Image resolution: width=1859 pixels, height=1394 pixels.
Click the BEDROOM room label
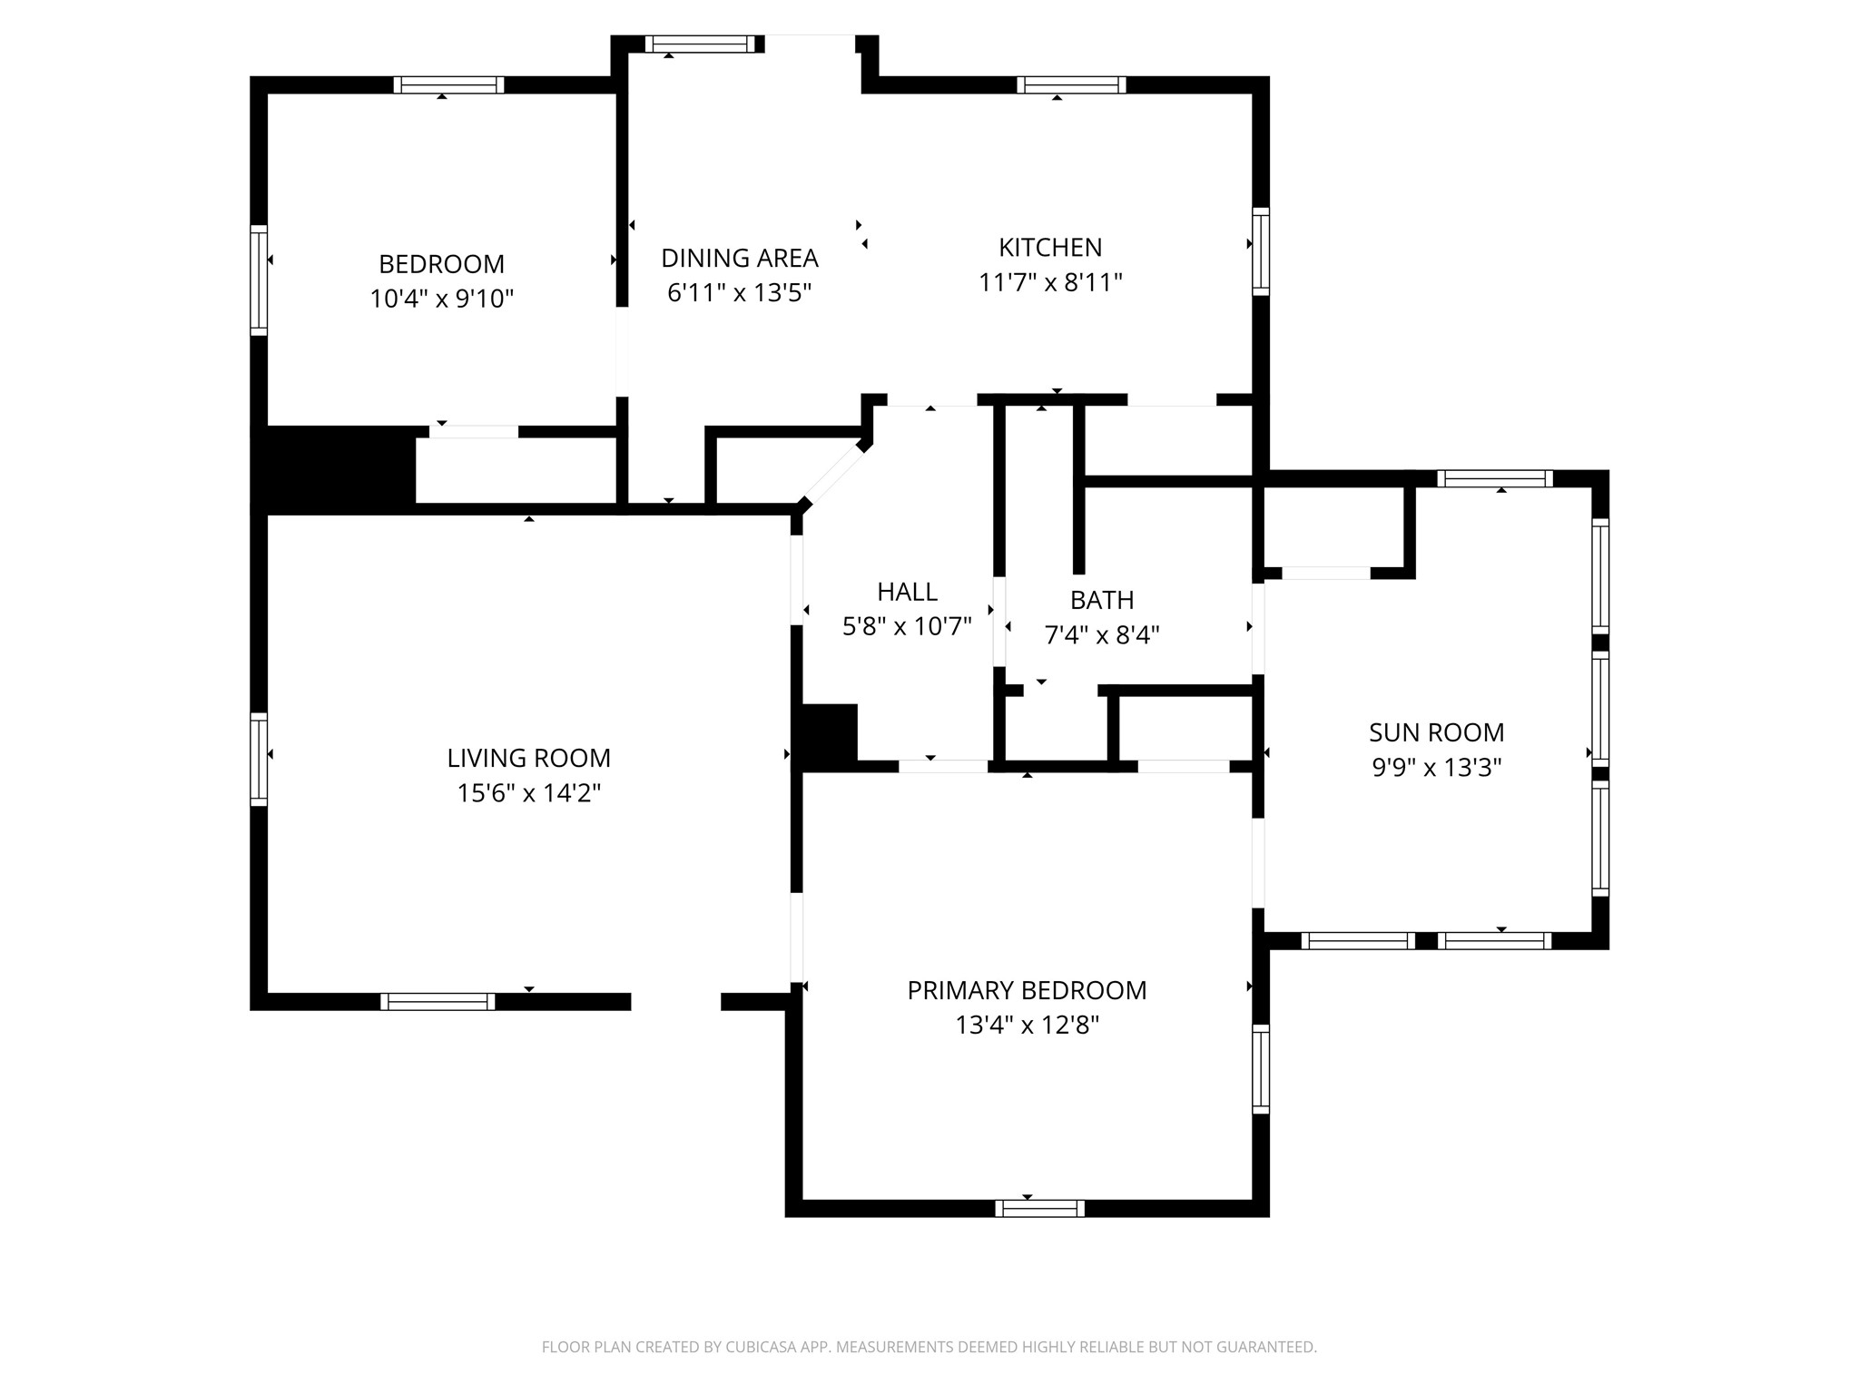pyautogui.click(x=441, y=264)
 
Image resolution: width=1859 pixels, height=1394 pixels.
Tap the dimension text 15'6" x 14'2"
pyautogui.click(x=528, y=793)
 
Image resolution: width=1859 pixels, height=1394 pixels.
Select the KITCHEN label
pyautogui.click(x=1050, y=247)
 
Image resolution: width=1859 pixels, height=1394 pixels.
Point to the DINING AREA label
pyautogui.click(x=739, y=259)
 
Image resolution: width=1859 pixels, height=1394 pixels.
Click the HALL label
pyautogui.click(x=907, y=592)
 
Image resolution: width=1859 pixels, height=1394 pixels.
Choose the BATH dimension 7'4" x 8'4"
pyautogui.click(x=1102, y=635)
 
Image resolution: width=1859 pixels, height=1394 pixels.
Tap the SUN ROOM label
pyautogui.click(x=1436, y=732)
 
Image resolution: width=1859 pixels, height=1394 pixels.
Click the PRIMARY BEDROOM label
pyautogui.click(x=1027, y=990)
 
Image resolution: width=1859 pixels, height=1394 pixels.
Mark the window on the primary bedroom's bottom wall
pyautogui.click(x=1039, y=1208)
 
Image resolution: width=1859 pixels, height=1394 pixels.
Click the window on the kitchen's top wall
pyautogui.click(x=1071, y=85)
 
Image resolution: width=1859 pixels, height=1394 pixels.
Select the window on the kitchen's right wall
pyautogui.click(x=1260, y=251)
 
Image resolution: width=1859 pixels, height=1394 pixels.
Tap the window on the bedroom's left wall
pyautogui.click(x=259, y=280)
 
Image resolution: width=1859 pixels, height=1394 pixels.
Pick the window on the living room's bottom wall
pyautogui.click(x=438, y=1002)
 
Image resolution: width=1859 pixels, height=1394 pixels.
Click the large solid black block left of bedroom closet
pyautogui.click(x=334, y=469)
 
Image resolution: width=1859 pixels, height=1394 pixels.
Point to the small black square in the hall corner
pyautogui.click(x=826, y=735)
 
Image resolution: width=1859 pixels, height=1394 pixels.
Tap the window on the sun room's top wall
pyautogui.click(x=1494, y=478)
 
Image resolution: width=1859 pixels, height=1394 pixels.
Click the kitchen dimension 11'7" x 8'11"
pyautogui.click(x=1050, y=283)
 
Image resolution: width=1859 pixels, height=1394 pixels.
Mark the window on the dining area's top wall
pyautogui.click(x=700, y=44)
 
